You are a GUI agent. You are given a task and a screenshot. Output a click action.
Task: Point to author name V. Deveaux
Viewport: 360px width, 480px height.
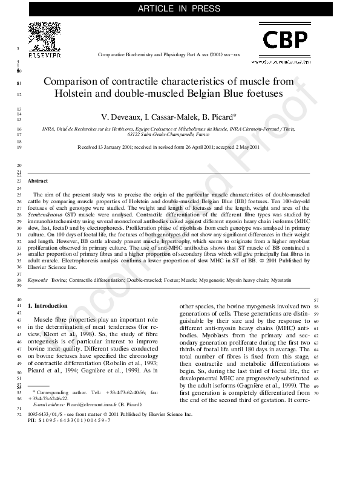(120, 117)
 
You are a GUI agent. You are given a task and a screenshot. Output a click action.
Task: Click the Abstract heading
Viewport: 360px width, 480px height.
(38, 181)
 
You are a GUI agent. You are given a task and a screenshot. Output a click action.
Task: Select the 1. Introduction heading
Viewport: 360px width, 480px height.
(48, 306)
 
